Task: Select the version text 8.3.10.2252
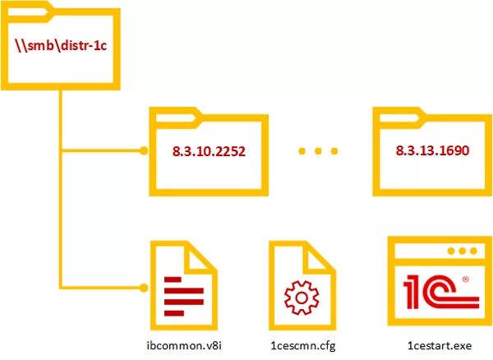210,153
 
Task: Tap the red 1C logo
432,293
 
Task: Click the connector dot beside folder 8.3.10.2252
143,151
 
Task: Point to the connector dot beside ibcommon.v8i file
143,288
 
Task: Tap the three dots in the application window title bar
467,250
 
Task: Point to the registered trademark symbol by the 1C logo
466,279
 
